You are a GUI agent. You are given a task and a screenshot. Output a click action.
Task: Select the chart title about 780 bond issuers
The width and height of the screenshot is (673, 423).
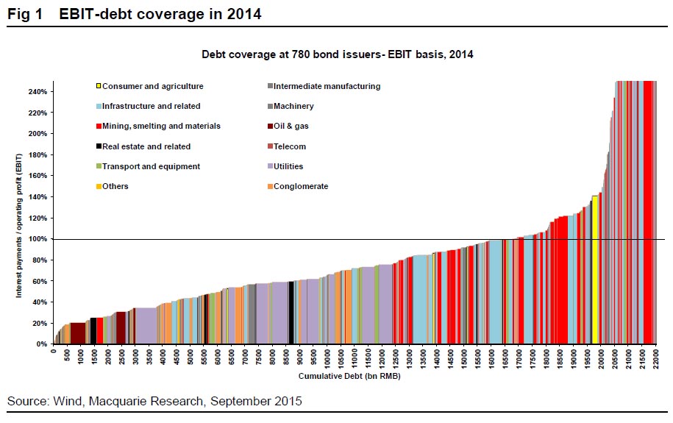pos(336,54)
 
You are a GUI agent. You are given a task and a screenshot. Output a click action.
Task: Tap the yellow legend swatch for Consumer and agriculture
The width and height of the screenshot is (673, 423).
pos(99,86)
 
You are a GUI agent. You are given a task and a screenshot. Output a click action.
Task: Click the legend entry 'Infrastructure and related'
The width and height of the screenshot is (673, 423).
pos(152,106)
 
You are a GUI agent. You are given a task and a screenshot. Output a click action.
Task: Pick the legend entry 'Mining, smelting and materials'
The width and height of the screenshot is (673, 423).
pos(162,126)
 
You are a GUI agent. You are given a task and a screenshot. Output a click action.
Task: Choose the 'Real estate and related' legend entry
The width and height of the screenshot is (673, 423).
pos(146,146)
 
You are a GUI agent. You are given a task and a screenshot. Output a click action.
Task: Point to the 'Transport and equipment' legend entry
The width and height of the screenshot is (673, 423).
pos(152,166)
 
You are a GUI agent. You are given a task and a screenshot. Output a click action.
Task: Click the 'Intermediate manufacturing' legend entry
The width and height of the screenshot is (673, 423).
pos(328,86)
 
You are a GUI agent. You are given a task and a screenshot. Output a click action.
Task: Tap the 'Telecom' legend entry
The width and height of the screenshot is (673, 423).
pos(291,146)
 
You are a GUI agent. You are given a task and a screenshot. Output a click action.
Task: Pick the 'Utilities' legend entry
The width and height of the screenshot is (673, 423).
pos(290,166)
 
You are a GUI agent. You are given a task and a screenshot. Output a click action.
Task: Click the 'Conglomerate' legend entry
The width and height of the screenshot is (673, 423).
pos(302,186)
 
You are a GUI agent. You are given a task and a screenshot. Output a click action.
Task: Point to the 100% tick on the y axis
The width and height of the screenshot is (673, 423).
pos(38,239)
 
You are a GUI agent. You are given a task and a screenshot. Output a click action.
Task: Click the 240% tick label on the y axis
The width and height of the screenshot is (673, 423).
pos(38,92)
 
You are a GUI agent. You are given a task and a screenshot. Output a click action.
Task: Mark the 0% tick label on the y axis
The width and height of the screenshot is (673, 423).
pos(43,344)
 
